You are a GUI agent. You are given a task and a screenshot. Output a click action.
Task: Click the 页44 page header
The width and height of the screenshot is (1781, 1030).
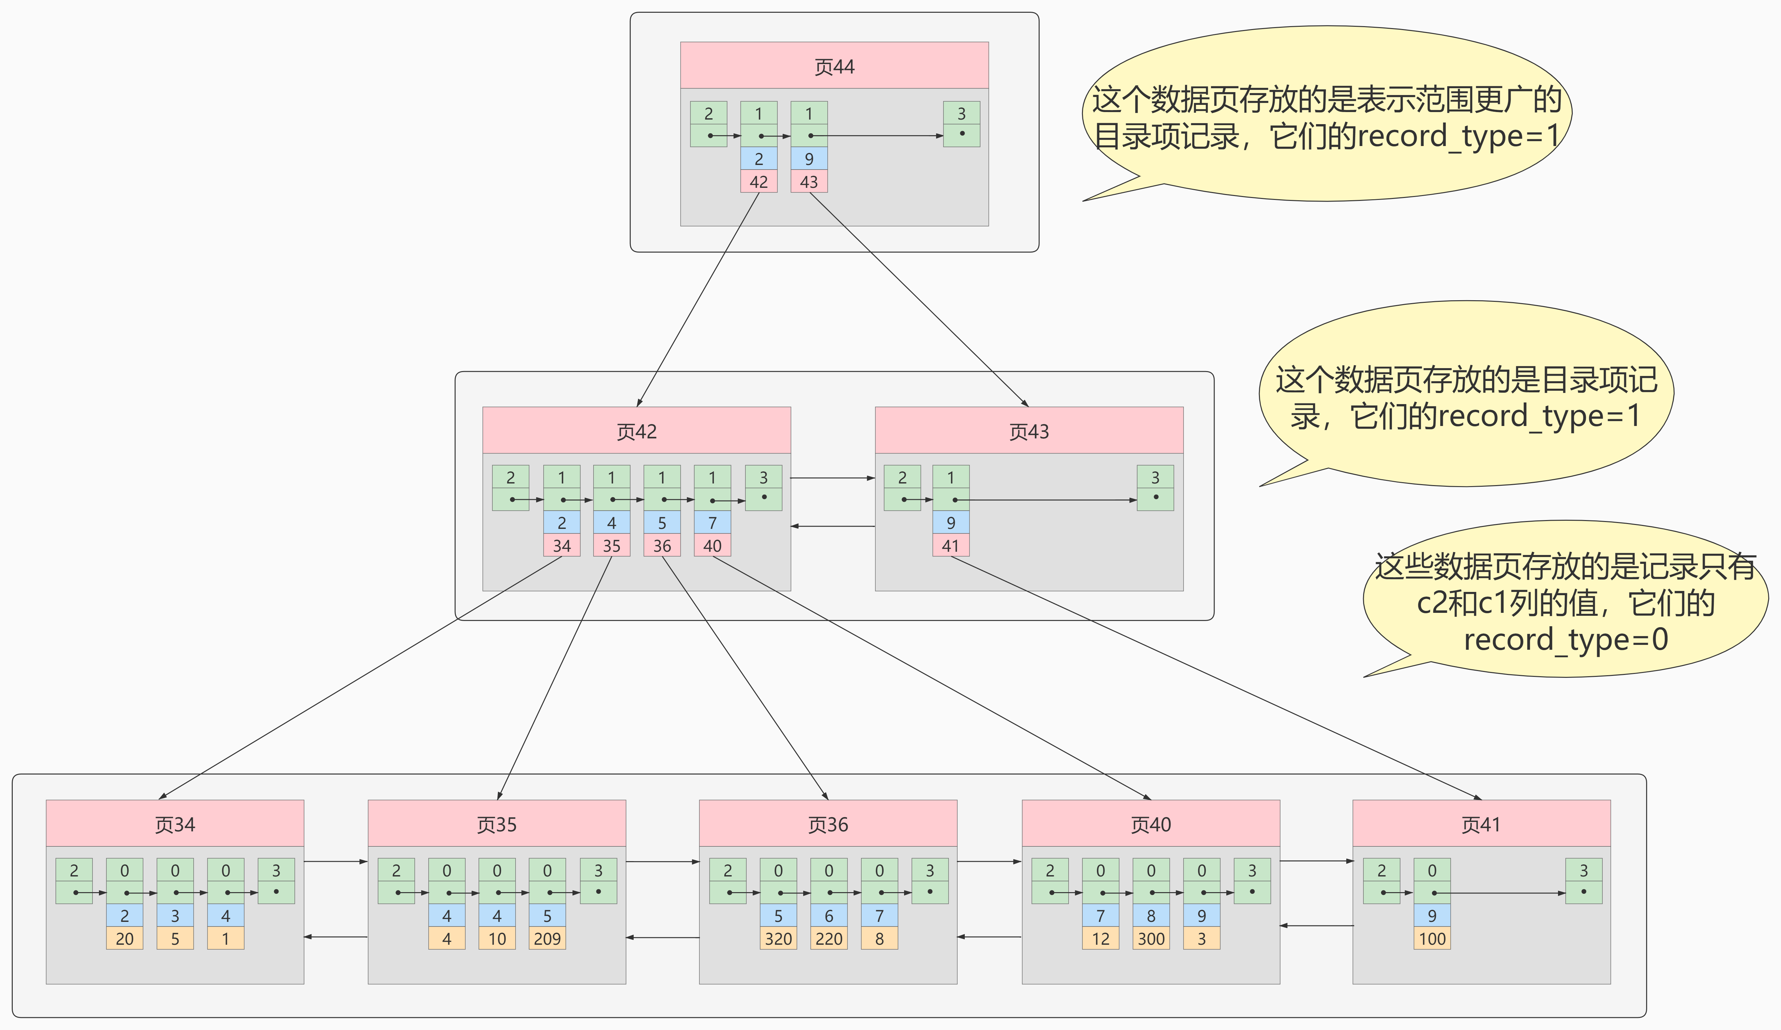tap(834, 66)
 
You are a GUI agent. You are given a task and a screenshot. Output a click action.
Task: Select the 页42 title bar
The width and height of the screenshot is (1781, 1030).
tap(636, 431)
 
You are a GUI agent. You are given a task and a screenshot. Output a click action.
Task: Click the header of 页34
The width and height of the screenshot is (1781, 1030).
tap(175, 824)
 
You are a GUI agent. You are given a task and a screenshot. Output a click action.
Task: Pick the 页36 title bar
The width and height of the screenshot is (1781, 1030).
tap(828, 824)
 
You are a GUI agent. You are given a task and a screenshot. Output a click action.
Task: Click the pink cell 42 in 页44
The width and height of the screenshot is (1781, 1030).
tap(758, 182)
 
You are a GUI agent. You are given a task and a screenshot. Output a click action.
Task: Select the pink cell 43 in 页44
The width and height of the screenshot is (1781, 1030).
tap(808, 182)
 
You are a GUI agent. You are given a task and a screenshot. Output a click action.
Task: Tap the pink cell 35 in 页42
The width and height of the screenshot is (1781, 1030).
tap(611, 546)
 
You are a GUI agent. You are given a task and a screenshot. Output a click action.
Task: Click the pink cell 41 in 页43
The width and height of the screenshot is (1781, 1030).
tap(950, 546)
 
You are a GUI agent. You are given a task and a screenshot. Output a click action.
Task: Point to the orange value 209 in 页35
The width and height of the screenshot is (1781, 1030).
tap(547, 939)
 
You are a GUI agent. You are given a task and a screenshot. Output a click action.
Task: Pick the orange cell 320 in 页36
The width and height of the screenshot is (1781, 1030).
tap(778, 939)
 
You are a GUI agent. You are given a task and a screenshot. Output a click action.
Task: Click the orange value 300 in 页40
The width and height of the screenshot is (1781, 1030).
tap(1151, 939)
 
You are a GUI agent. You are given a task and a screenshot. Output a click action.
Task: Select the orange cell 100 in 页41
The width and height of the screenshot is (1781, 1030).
tap(1432, 939)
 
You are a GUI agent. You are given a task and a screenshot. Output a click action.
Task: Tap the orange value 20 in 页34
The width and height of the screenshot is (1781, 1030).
tap(124, 939)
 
